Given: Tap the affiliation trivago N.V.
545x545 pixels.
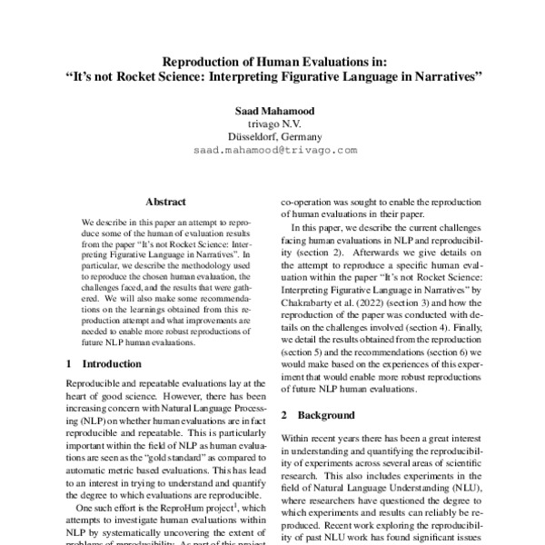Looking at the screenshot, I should [x=272, y=124].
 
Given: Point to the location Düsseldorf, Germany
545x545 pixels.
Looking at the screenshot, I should [x=272, y=137].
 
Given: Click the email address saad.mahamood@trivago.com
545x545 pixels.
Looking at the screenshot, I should [x=272, y=152].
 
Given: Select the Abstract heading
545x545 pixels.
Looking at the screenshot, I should [x=165, y=202].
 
